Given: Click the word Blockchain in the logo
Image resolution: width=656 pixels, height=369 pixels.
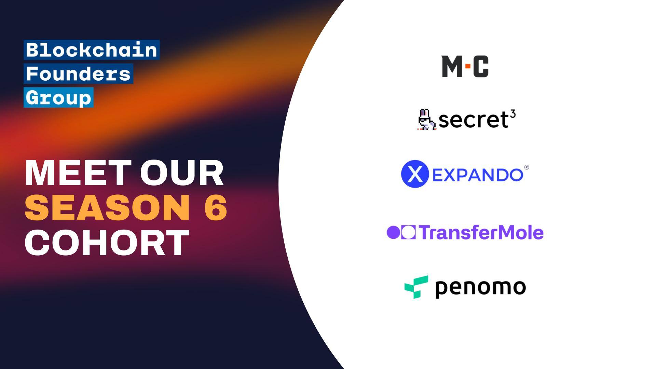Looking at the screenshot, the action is click(92, 50).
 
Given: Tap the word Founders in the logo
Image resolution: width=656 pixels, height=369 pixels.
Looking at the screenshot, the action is click(78, 74).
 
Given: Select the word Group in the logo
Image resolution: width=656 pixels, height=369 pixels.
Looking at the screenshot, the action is click(58, 98).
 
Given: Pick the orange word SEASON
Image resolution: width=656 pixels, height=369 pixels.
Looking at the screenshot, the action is click(107, 207).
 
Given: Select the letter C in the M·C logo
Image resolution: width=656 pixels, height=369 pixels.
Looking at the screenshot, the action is click(481, 67).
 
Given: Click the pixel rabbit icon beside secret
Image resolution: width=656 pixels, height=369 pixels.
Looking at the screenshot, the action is click(426, 120).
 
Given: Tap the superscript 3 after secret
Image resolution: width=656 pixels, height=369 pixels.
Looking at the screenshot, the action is click(513, 114).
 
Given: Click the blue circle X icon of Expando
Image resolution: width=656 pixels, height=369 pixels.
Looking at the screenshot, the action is click(415, 174).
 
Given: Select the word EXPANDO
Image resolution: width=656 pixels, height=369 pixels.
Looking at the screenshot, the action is click(478, 175).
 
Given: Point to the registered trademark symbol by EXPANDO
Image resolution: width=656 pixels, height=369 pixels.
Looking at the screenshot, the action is click(527, 167).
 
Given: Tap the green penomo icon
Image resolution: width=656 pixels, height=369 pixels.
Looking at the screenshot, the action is click(416, 287).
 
